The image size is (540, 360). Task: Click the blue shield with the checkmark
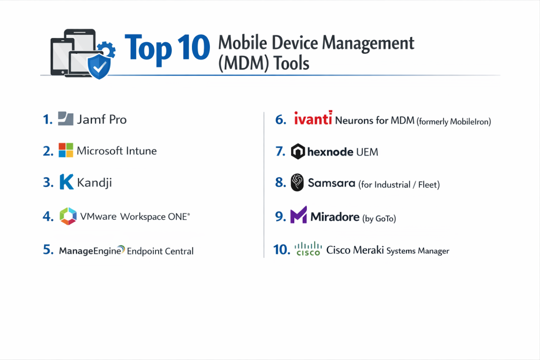[x=99, y=66]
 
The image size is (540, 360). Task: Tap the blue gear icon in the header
[x=107, y=49]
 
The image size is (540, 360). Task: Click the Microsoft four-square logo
[x=66, y=150]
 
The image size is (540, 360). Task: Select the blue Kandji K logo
[x=66, y=182]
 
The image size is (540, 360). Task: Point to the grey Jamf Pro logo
[x=65, y=119]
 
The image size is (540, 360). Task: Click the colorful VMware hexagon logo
[x=68, y=216]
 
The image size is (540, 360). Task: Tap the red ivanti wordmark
[x=313, y=118]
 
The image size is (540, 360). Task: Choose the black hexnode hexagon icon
[x=298, y=151]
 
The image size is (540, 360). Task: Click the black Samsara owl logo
[x=297, y=182]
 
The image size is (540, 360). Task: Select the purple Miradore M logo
[x=298, y=215]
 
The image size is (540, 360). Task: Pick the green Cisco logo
[x=308, y=249]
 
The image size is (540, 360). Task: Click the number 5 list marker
[x=48, y=250]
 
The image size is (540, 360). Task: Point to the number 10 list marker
[x=282, y=249]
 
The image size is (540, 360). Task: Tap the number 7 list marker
[x=281, y=151]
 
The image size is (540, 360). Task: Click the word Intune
[x=141, y=151]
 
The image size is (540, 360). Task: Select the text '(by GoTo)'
[x=379, y=219]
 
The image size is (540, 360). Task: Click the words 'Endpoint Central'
[x=160, y=251]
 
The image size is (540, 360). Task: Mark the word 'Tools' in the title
[x=291, y=63]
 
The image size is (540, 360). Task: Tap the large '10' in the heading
[x=194, y=47]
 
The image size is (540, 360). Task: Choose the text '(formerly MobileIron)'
[x=454, y=121]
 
